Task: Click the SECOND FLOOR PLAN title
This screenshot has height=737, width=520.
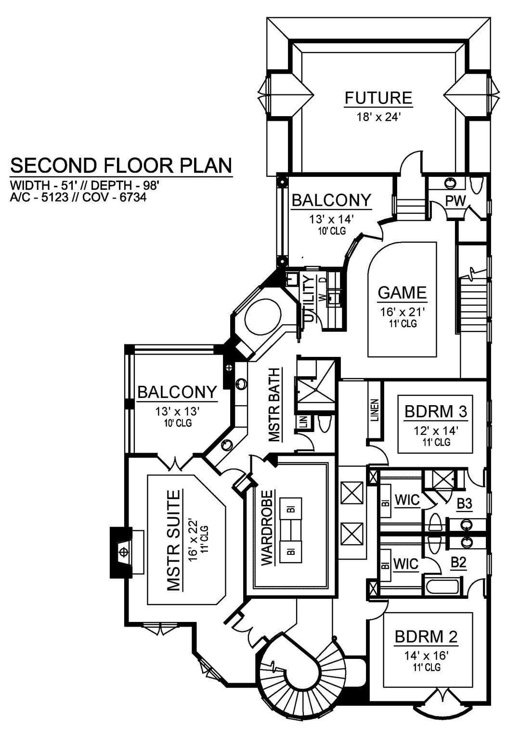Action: point(121,166)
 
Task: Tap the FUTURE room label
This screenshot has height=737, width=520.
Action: point(378,98)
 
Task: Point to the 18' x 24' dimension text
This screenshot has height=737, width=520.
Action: point(378,117)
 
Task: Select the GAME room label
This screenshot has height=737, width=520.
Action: point(402,292)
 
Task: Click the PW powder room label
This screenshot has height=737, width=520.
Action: point(455,201)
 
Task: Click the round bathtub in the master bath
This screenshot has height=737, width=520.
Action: point(263,316)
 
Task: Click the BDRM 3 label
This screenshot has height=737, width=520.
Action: point(435,411)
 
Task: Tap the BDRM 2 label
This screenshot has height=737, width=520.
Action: point(426,637)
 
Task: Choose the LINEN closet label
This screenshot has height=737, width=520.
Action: point(374,410)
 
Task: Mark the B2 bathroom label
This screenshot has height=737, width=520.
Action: point(459,563)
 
